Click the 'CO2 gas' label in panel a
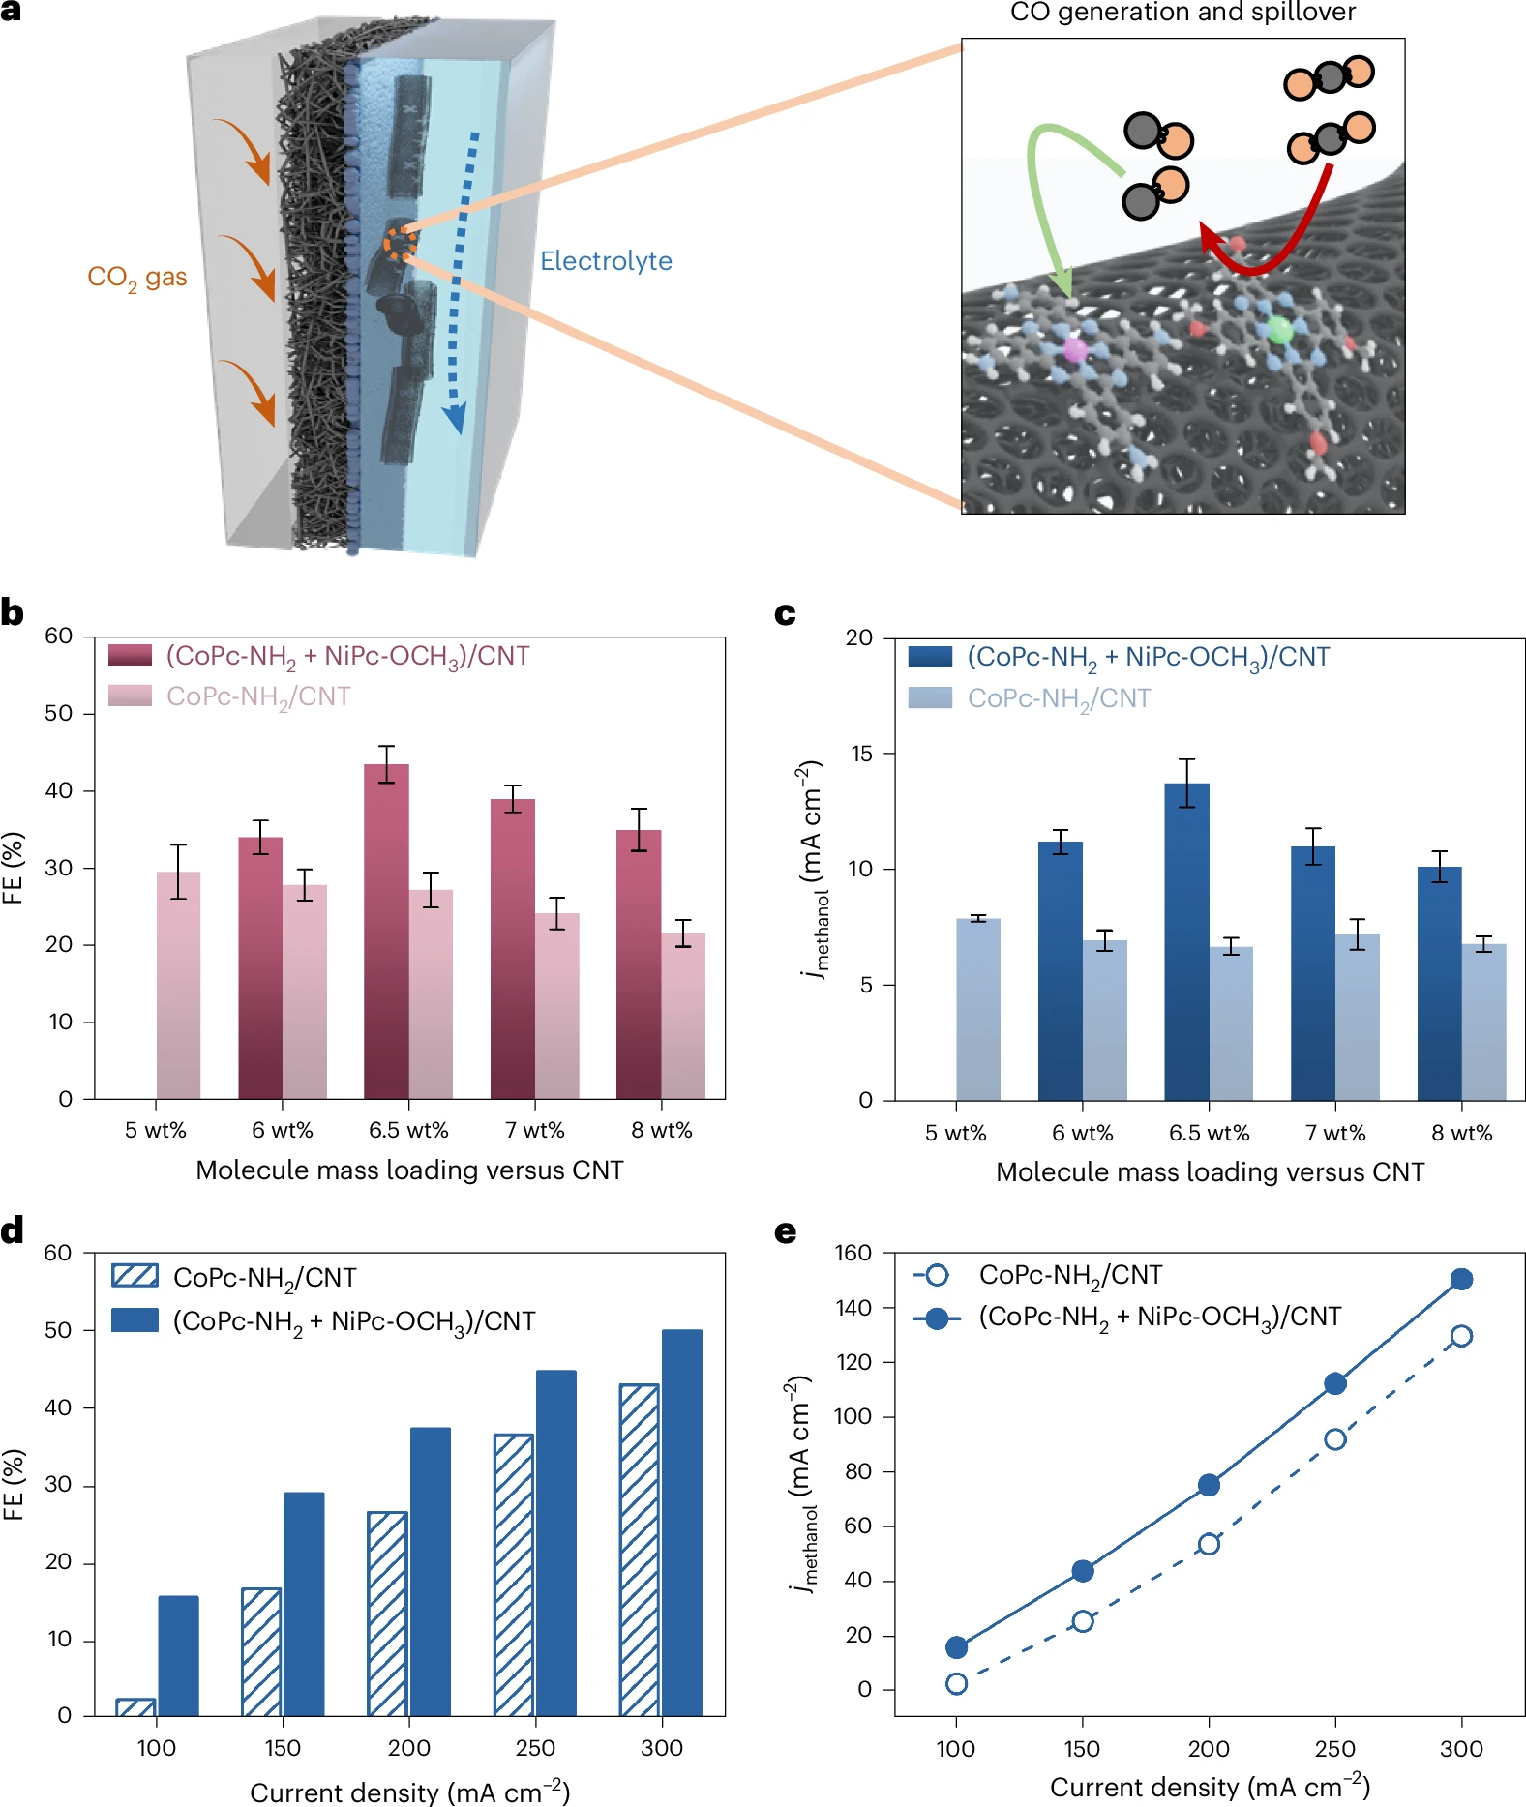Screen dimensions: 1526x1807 point(137,279)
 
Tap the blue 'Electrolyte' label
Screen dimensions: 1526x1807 point(606,261)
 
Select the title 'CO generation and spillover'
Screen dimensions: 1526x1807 point(1182,13)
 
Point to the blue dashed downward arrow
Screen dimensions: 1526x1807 point(461,281)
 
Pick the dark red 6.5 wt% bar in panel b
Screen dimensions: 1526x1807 point(386,932)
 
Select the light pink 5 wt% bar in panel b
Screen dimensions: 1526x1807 point(179,986)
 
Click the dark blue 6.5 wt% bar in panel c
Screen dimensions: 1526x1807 point(1187,941)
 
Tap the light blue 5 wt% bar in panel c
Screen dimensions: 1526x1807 point(978,1009)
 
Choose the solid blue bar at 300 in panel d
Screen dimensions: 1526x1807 point(682,1524)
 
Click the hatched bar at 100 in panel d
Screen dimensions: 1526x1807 point(135,1707)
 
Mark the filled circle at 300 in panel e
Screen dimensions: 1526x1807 point(1461,1280)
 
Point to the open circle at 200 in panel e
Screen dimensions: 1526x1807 point(1209,1544)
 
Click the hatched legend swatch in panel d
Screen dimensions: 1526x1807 point(135,1275)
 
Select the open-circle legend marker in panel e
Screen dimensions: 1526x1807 point(937,1275)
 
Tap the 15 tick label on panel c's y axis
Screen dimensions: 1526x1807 point(859,754)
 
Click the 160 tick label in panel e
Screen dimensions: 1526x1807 point(853,1253)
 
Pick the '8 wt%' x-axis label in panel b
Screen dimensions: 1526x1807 point(662,1131)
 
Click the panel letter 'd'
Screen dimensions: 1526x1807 point(13,1230)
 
